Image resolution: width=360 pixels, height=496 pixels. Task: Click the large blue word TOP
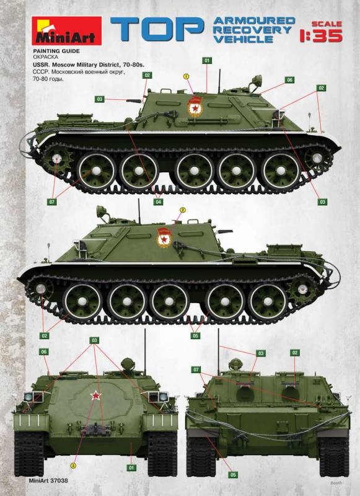point(157,29)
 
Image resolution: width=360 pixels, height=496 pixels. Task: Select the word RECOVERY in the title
point(252,30)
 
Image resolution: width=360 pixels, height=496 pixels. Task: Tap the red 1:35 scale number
point(321,36)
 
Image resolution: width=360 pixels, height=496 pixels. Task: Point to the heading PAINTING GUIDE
point(56,51)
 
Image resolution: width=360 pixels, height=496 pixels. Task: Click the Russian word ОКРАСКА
point(45,57)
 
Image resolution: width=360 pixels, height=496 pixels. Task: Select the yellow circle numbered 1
point(186,76)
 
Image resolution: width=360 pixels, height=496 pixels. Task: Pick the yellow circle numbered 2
point(182,210)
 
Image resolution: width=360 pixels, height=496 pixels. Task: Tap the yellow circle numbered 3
point(73,466)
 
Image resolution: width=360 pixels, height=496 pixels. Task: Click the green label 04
point(159,202)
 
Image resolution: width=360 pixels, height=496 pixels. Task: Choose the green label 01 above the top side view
point(207,60)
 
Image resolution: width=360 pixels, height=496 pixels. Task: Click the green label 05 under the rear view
point(233,475)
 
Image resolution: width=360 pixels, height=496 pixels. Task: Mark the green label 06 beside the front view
point(44,352)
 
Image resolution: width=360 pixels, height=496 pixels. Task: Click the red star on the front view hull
point(95,395)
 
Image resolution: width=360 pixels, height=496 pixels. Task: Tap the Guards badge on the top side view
point(194,106)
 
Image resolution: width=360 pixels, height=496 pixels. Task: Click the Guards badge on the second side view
point(164,237)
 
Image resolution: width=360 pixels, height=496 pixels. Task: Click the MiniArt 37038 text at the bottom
point(48,480)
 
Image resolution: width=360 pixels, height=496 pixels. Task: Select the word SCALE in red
point(327,24)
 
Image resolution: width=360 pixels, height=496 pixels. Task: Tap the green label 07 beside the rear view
point(196,370)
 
